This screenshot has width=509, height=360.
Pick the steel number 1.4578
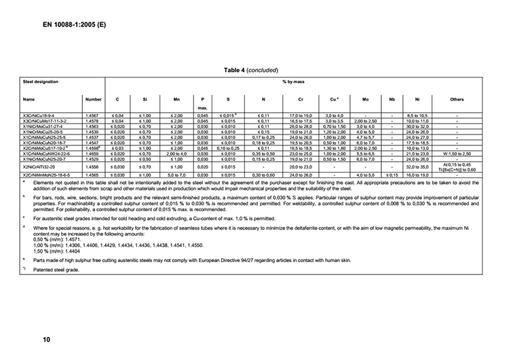tap(93, 121)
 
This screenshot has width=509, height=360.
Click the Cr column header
tap(299, 99)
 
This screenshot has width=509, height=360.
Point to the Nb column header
tap(392, 99)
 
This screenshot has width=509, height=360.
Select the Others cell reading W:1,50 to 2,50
tap(457, 154)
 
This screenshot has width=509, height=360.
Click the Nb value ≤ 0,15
tap(392, 175)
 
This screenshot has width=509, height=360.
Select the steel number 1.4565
tap(93, 175)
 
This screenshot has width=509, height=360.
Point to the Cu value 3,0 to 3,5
tap(335, 121)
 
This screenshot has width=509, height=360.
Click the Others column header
tap(457, 99)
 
